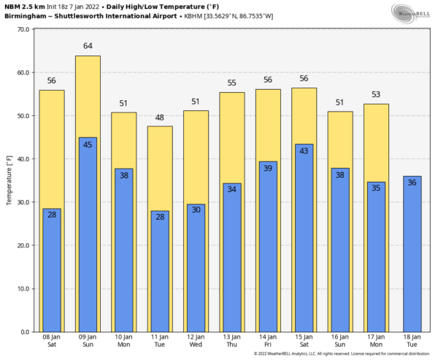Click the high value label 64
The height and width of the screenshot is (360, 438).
tap(88, 46)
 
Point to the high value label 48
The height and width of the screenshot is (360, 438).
tap(160, 118)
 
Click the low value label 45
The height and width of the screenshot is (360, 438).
tap(88, 145)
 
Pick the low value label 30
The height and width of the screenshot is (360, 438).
tap(196, 210)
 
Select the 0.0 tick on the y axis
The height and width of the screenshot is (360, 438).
tap(24, 332)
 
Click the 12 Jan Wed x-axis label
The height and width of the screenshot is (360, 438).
tap(196, 341)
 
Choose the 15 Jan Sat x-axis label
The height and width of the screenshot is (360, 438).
tap(304, 341)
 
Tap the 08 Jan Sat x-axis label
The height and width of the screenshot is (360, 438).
tap(52, 341)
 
